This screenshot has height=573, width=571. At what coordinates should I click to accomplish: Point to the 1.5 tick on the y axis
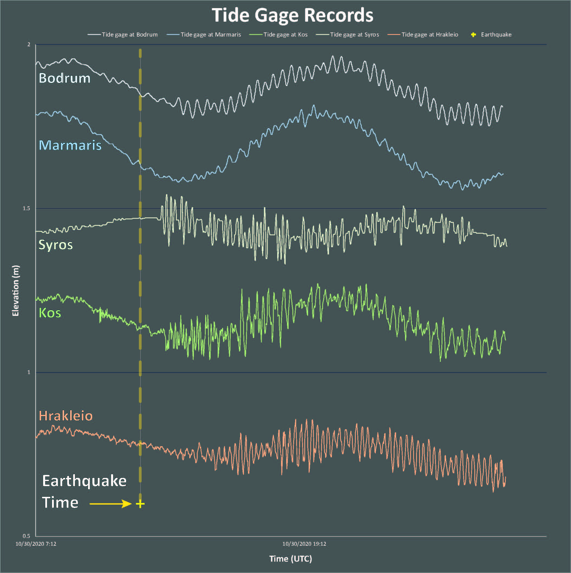(x=27, y=208)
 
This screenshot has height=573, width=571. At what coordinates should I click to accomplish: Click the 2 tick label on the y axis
(x=29, y=45)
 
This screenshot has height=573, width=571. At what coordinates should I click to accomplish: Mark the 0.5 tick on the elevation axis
(x=27, y=536)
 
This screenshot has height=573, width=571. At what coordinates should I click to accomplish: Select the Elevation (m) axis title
(x=15, y=291)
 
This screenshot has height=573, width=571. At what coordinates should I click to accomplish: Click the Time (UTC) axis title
(x=291, y=559)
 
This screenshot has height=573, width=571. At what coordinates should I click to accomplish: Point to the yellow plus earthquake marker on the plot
(x=140, y=504)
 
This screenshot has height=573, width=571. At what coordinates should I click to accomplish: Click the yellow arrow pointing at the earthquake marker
(x=110, y=504)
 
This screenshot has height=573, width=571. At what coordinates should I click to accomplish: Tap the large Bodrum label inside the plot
(x=64, y=78)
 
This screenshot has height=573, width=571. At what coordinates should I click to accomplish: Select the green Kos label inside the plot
(x=50, y=313)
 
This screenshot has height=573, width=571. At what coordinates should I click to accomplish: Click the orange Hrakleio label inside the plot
(x=66, y=416)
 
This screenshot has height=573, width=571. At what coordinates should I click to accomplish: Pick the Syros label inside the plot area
(x=56, y=245)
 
